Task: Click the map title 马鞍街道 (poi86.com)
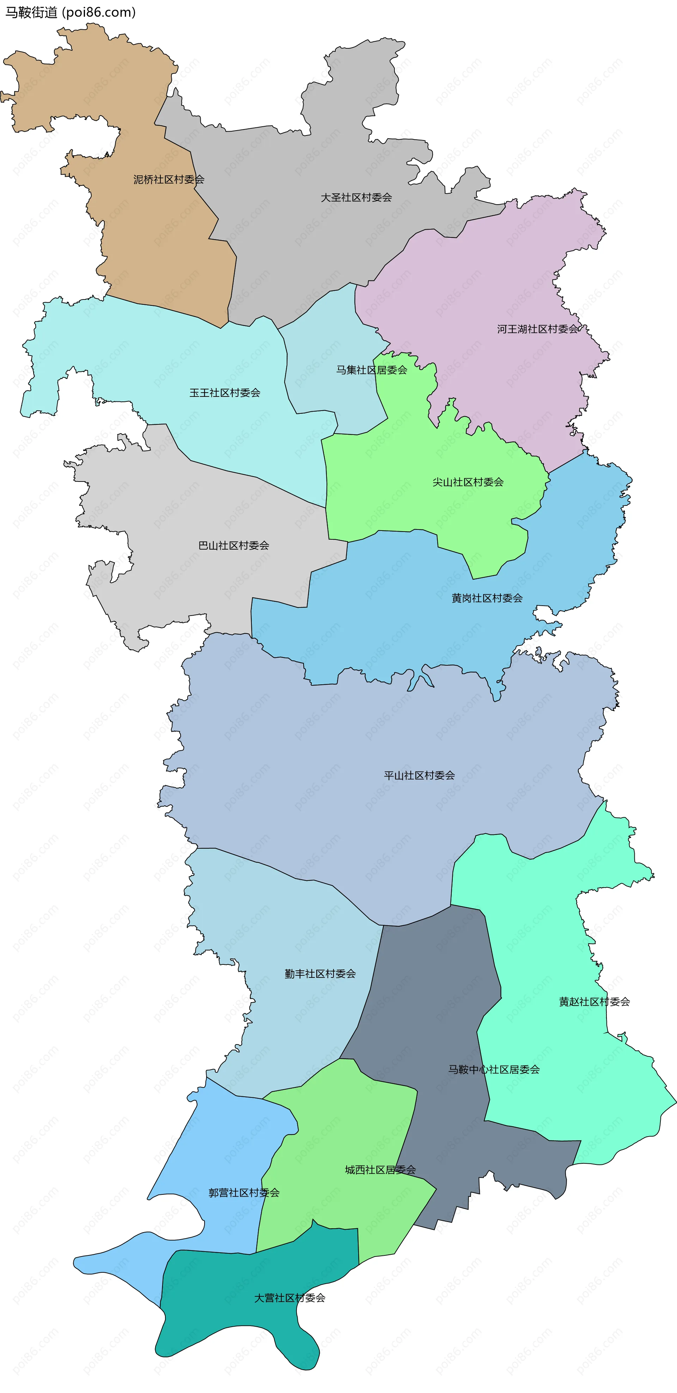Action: (70, 12)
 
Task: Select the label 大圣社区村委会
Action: (356, 198)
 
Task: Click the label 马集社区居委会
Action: (372, 370)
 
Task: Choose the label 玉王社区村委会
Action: (225, 393)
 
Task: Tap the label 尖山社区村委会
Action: (468, 482)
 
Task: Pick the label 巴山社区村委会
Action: (233, 546)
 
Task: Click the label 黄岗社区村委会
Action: (487, 598)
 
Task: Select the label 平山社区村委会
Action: (419, 775)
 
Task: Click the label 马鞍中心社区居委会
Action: (494, 1070)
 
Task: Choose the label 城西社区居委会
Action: (380, 1170)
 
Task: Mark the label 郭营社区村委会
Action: (244, 1193)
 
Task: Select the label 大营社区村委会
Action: (290, 1298)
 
